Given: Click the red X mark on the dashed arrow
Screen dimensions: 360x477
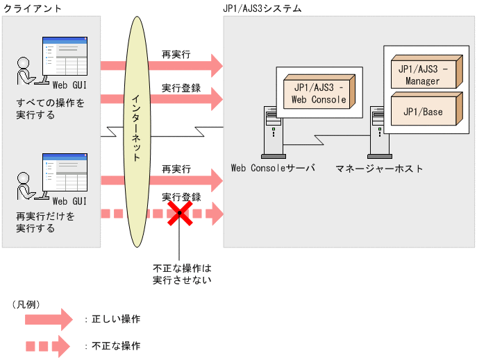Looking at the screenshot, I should (179, 212).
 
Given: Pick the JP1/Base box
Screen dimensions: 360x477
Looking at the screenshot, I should (424, 111).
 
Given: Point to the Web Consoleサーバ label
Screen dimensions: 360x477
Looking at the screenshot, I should (272, 169).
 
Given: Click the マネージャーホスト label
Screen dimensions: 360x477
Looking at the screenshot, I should (378, 169).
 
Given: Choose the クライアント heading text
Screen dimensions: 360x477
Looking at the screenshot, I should (32, 8).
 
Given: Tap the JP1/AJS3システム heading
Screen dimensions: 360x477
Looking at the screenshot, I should (262, 8).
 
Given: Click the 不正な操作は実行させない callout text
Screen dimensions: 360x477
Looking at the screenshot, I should (181, 274).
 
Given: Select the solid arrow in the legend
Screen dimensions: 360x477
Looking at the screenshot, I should (48, 319).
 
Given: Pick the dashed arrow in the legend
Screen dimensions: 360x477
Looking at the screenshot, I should (48, 345).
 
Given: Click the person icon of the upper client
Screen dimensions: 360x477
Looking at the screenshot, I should (25, 72).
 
